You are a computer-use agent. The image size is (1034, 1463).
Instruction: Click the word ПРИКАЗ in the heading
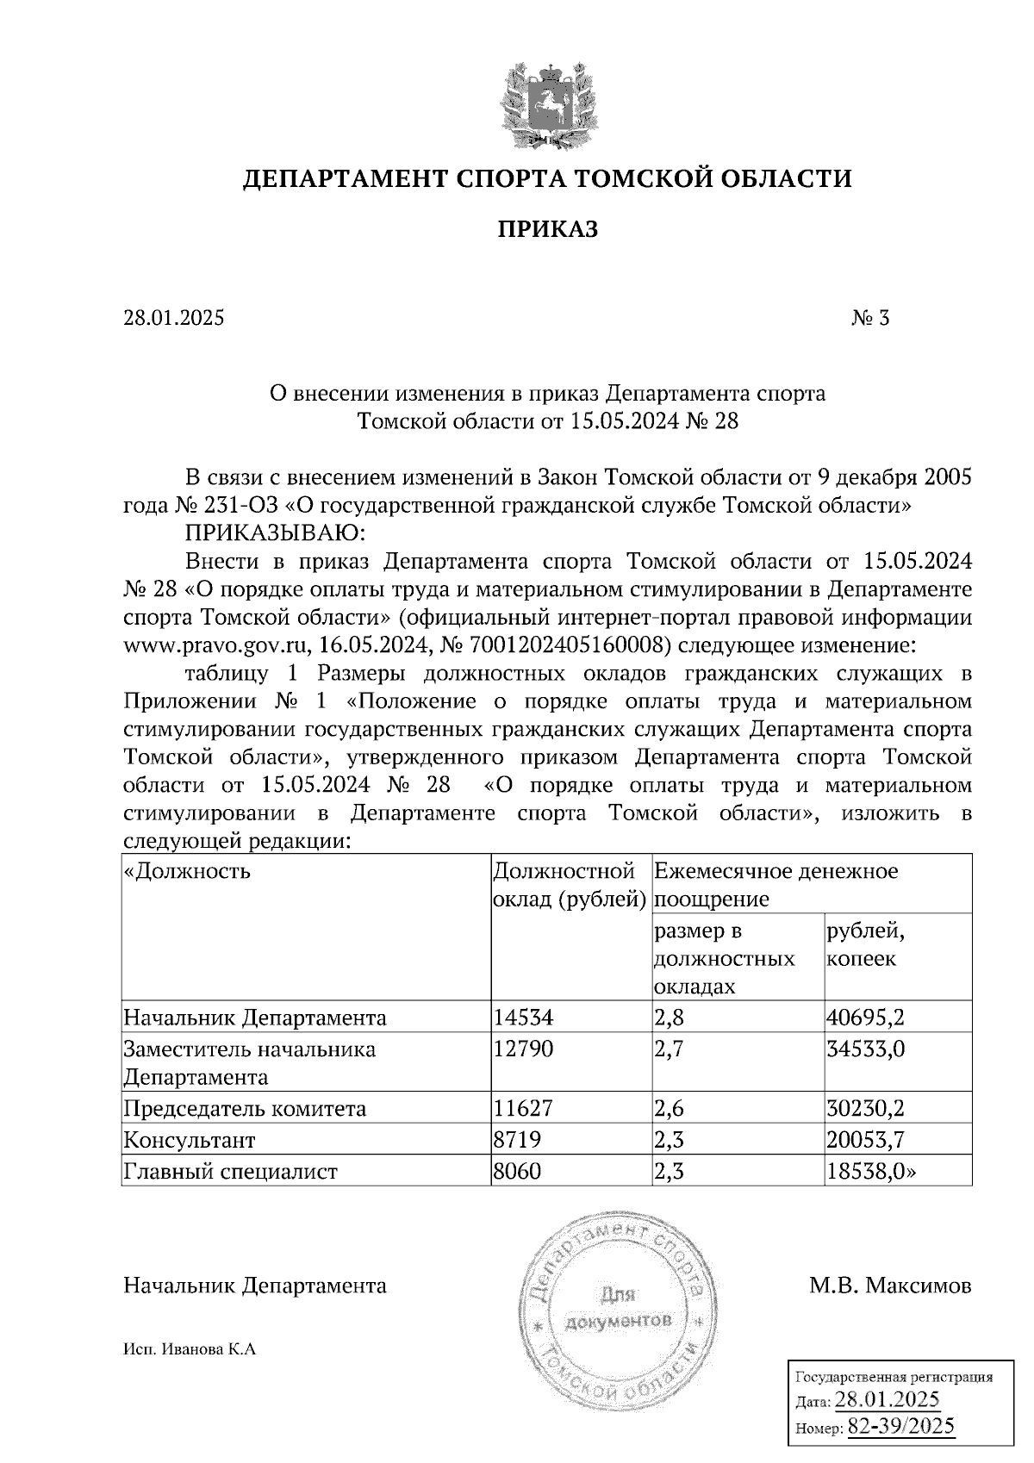point(547,229)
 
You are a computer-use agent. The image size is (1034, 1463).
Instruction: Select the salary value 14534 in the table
point(522,1018)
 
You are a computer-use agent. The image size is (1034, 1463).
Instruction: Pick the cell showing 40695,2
point(865,1018)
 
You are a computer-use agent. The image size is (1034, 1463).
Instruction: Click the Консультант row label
point(190,1141)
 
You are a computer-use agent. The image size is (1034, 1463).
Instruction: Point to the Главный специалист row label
point(231,1172)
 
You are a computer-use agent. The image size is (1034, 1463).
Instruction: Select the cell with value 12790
point(522,1049)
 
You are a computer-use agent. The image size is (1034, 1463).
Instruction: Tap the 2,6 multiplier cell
point(670,1109)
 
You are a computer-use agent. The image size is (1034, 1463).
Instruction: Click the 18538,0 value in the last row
point(869,1172)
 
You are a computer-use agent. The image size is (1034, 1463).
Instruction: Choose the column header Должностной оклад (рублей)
point(570,885)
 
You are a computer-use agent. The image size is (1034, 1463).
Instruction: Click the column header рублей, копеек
point(865,945)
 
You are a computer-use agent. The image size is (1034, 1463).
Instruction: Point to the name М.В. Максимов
point(890,1286)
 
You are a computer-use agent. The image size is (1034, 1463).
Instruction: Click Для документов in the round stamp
point(617,1308)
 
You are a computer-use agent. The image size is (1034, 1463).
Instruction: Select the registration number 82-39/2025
point(900,1426)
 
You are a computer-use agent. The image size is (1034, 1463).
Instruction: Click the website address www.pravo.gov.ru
point(217,645)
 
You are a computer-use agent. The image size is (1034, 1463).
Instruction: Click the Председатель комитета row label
point(245,1109)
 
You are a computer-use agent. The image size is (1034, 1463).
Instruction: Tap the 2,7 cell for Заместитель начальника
point(670,1049)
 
